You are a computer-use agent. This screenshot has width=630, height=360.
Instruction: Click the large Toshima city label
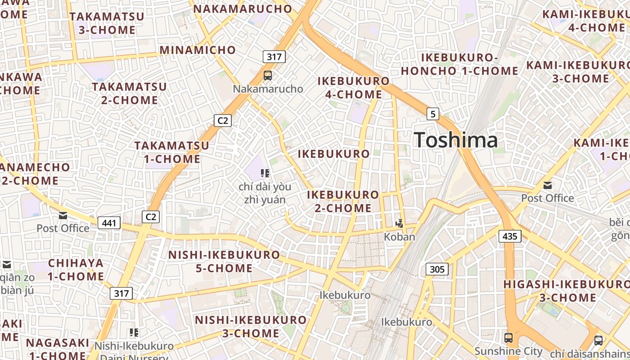point(456,140)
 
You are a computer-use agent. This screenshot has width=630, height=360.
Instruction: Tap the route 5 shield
point(432,114)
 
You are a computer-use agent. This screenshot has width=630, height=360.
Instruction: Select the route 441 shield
point(109,223)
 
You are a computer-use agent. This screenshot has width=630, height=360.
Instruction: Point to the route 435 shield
point(510,236)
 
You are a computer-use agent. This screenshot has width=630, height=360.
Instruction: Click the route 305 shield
point(436,269)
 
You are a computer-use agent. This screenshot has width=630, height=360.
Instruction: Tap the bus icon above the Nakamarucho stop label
point(268,75)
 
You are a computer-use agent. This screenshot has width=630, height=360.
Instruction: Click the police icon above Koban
point(399,223)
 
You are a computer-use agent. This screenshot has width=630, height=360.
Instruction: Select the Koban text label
point(399,236)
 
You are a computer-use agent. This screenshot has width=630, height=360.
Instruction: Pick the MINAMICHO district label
point(198,50)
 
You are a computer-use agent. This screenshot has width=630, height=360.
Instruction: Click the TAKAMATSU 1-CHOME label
point(172,152)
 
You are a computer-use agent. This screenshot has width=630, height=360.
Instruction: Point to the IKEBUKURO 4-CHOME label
point(354,88)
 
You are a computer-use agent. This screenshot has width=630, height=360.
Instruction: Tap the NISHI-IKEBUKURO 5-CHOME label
point(224,261)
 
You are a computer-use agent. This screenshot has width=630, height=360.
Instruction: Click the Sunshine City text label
point(508,351)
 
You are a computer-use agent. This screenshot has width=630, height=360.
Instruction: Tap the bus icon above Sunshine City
point(508,337)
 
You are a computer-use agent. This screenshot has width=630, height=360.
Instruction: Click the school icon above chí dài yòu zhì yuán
point(265,173)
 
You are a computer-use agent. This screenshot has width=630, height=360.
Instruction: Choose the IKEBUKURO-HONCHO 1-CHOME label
point(459,64)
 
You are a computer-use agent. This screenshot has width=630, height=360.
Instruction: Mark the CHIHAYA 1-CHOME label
point(76,270)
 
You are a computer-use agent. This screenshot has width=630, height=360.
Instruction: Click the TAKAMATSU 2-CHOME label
point(130,93)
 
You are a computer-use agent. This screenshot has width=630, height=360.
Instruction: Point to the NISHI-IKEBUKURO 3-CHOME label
point(251,327)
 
